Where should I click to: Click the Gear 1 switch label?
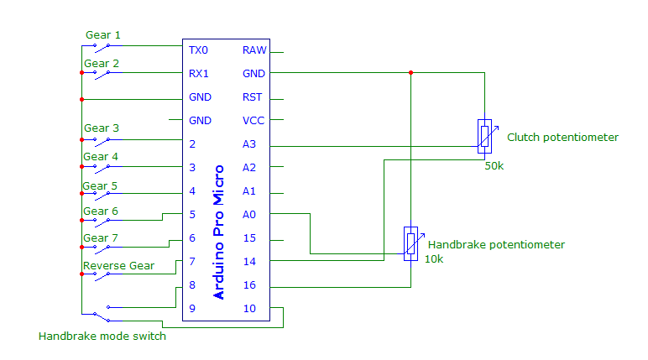coord(102,35)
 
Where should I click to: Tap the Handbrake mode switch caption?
coord(102,337)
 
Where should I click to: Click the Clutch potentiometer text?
coord(562,137)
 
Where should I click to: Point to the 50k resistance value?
coord(494,166)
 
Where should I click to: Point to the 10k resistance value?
coord(434,259)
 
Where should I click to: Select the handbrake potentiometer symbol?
coord(410,243)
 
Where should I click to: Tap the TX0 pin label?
coord(199,50)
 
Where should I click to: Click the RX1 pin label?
coord(199,74)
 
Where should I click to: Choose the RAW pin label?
coord(254,50)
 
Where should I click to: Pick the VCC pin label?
coord(253,121)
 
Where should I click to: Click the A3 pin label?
coord(249,144)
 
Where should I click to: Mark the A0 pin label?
coord(249,215)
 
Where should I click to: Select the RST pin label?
coord(253,97)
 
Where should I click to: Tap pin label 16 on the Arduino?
coord(249,285)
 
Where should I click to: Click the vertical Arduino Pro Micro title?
coord(220,232)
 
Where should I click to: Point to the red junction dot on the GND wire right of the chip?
coord(410,73)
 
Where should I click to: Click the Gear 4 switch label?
coord(101,157)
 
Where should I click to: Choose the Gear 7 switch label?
coord(101,238)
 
